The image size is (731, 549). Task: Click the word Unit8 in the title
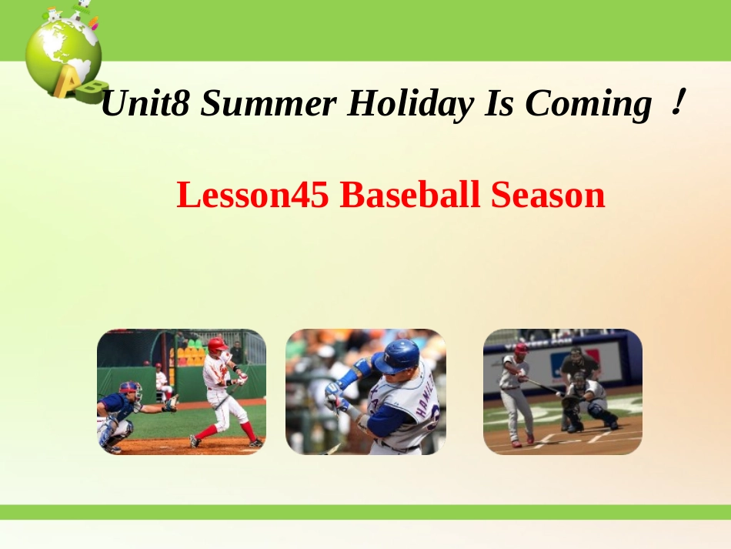click(145, 104)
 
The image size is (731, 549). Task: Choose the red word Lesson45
click(253, 196)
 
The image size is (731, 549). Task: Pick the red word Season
click(548, 196)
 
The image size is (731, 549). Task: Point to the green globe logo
click(62, 50)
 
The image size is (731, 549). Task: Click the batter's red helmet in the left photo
click(218, 345)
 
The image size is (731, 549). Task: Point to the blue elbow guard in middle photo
click(349, 377)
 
